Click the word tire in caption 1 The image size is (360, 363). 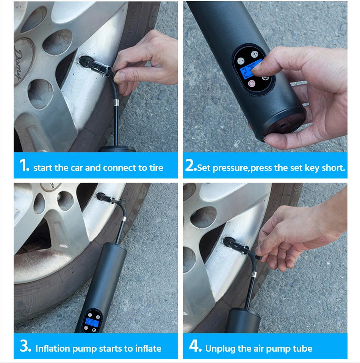(156, 167)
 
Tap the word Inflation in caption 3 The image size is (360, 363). (53, 349)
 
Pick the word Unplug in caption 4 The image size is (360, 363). (220, 349)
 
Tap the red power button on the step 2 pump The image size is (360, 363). (252, 83)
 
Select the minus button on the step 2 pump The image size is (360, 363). (241, 61)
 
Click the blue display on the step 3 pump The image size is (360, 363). (92, 322)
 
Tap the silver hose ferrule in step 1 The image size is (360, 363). (117, 102)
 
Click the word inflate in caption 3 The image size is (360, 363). (148, 349)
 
